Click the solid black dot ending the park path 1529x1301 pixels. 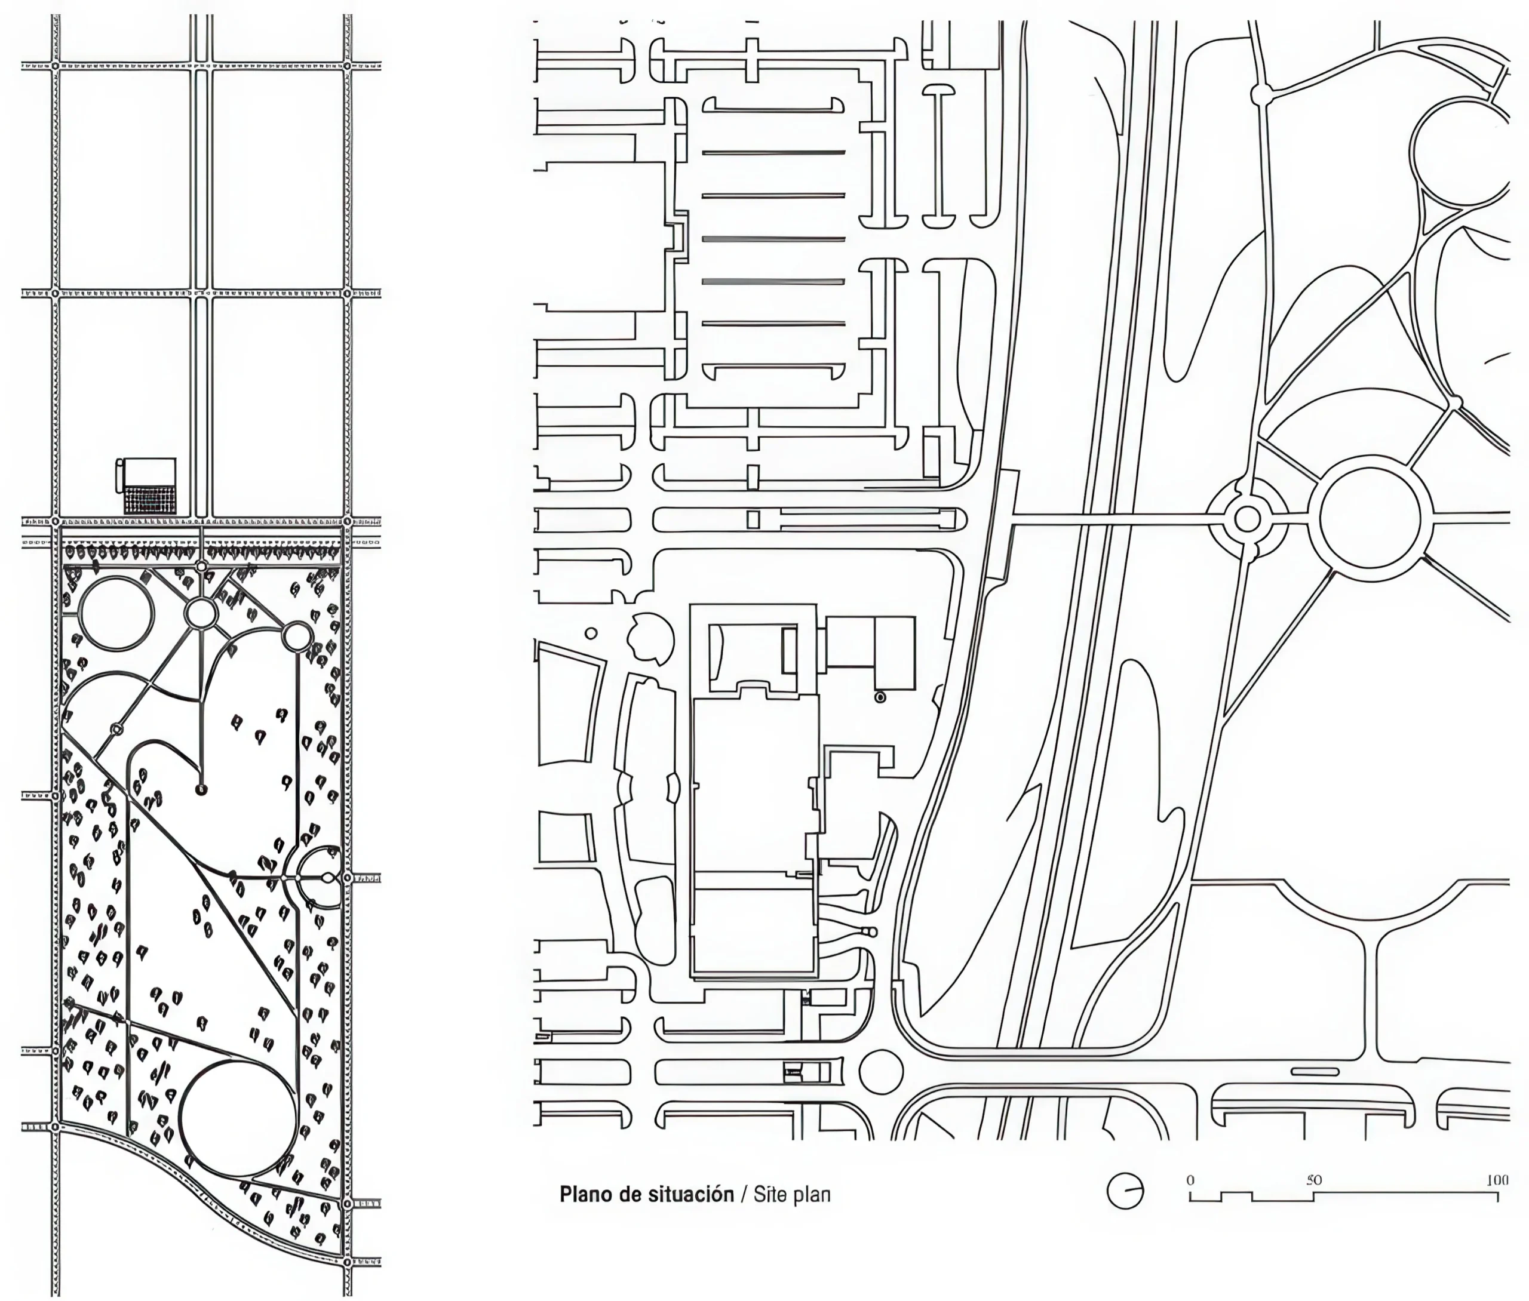(x=202, y=790)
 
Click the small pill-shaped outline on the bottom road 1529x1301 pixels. (x=1315, y=1071)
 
